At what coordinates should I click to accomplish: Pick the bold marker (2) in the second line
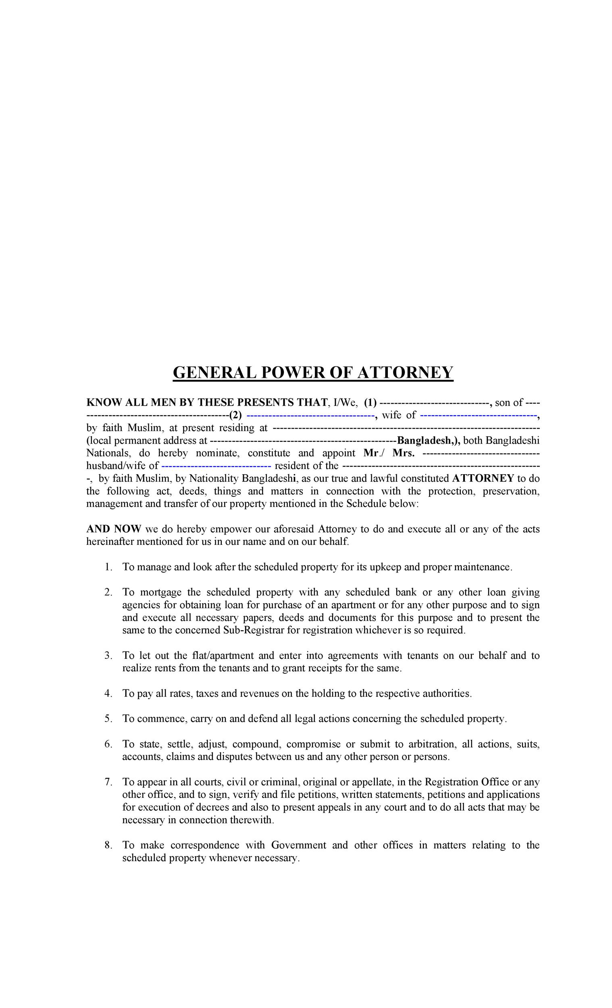[x=235, y=415]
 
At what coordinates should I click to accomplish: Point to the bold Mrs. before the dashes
[x=403, y=453]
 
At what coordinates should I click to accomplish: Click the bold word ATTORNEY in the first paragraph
[x=482, y=478]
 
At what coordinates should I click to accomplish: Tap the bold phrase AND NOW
[x=113, y=529]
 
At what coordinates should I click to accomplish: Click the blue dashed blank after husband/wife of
[x=216, y=466]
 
